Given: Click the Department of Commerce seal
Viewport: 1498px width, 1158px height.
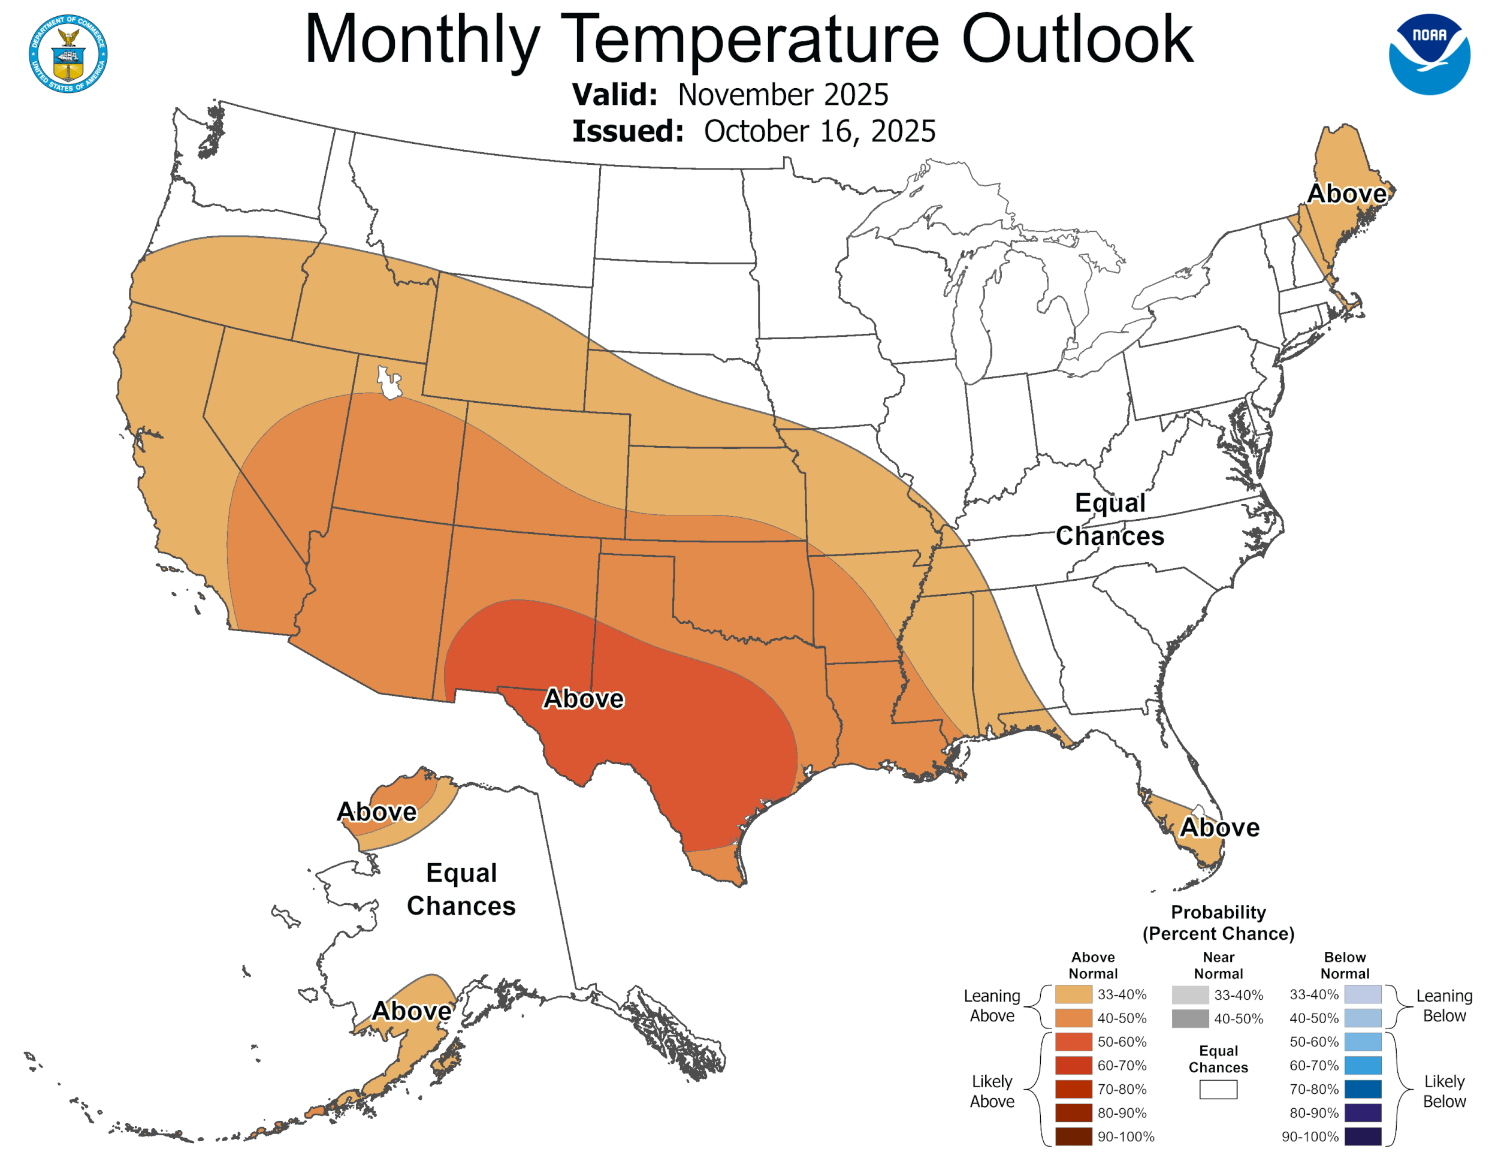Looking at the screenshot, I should click(68, 54).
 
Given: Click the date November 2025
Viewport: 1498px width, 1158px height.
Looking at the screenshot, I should click(783, 95).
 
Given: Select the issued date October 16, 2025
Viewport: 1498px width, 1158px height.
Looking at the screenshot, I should click(819, 131).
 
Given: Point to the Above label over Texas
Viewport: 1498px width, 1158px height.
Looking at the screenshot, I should click(583, 698).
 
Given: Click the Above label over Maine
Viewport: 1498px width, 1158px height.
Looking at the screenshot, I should click(1346, 194).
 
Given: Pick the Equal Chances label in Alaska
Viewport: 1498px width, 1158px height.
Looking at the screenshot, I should click(461, 889).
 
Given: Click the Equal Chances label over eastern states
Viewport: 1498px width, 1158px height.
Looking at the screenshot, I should click(1109, 519).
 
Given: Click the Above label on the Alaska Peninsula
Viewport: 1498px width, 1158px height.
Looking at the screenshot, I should click(412, 1011).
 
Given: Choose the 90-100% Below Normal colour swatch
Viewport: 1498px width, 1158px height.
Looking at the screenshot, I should click(1362, 1137).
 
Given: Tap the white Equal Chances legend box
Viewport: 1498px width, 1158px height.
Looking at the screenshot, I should click(1218, 1090).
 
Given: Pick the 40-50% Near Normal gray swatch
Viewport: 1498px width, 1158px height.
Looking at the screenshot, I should click(1189, 1018).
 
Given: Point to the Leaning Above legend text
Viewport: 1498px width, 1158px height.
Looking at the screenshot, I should click(991, 1006).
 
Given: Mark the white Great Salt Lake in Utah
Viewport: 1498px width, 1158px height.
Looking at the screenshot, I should click(389, 384).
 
